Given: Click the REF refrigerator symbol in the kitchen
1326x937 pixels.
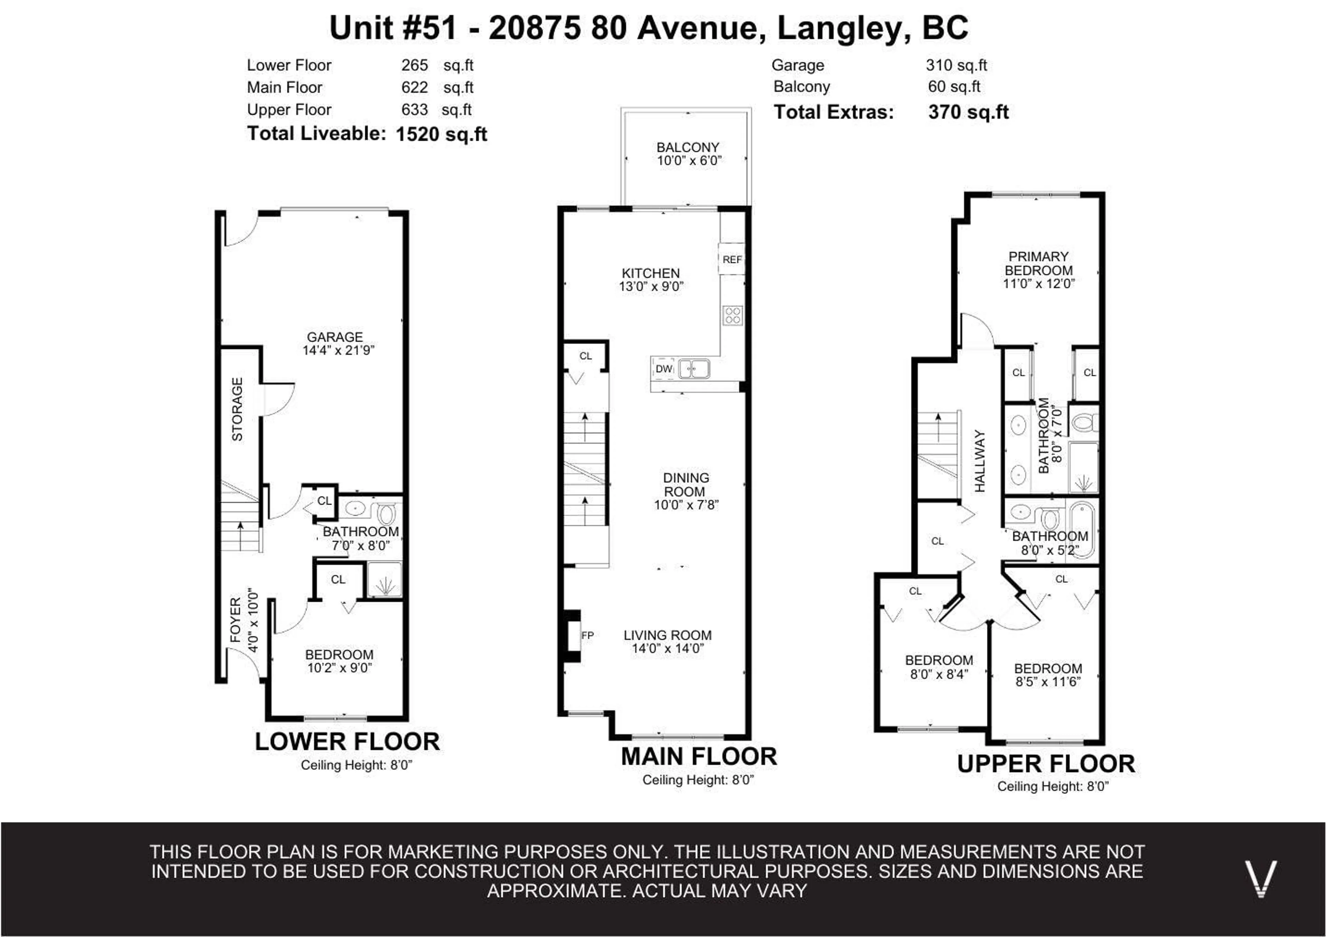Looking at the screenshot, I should pos(732,260).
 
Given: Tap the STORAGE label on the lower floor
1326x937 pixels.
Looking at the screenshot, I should pos(237,409).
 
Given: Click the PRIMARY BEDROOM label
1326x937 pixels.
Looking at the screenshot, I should pos(1038,263).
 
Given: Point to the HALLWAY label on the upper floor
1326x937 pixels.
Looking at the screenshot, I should pos(980,461).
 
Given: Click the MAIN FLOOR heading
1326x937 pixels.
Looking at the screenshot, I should pos(699,756).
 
